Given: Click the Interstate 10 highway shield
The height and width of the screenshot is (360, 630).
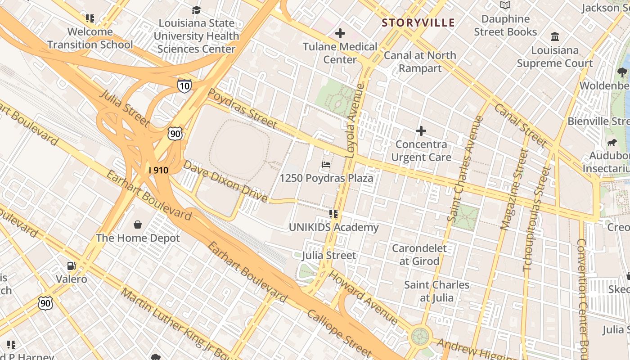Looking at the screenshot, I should pyautogui.click(x=184, y=85).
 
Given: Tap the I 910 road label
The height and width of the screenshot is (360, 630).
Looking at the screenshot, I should pyautogui.click(x=158, y=170).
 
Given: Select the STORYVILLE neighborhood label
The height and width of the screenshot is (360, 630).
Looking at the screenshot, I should pyautogui.click(x=418, y=22).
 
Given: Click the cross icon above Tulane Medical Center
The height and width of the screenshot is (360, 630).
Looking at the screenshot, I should pyautogui.click(x=340, y=33).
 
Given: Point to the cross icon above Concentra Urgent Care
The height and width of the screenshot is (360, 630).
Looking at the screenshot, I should pyautogui.click(x=421, y=131).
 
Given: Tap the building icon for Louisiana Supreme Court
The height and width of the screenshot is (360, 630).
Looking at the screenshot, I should pyautogui.click(x=555, y=36).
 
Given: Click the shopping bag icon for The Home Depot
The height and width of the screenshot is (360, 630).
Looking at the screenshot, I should pyautogui.click(x=138, y=224).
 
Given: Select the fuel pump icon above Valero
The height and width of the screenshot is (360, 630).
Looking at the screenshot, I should pyautogui.click(x=71, y=266).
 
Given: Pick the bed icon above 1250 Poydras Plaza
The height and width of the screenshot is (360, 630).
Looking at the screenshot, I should pyautogui.click(x=327, y=165).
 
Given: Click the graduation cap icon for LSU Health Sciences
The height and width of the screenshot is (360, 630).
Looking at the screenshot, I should pyautogui.click(x=196, y=10).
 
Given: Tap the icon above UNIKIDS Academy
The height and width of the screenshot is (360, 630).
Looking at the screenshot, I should pyautogui.click(x=333, y=214).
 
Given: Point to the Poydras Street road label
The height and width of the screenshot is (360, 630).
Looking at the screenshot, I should pyautogui.click(x=243, y=108).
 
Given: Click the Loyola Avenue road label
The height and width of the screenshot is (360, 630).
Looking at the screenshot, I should pyautogui.click(x=355, y=120).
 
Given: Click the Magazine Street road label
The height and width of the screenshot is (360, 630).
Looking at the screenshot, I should pyautogui.click(x=514, y=189).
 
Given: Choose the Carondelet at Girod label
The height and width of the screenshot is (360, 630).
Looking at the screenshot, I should pyautogui.click(x=419, y=255).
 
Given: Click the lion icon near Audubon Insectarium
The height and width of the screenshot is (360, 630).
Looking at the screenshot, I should pyautogui.click(x=612, y=143).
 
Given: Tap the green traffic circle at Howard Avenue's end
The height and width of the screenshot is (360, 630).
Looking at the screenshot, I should pyautogui.click(x=420, y=336).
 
